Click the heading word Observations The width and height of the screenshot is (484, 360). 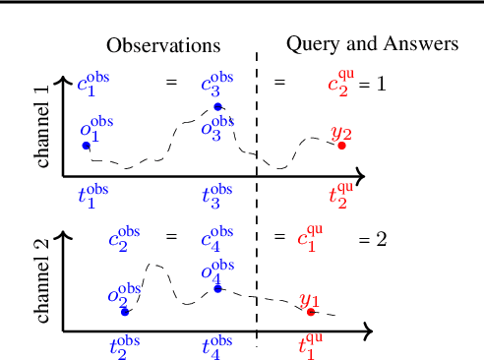tap(163, 45)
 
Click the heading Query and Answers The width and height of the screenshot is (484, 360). tap(372, 43)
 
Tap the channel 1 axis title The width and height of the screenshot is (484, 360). tap(41, 125)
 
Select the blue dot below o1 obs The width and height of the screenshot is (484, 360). tap(86, 146)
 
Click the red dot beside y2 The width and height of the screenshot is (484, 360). tap(341, 146)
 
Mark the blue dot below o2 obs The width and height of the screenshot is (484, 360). tap(124, 312)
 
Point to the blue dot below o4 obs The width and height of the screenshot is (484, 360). tap(217, 288)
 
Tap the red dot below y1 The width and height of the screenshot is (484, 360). tap(311, 312)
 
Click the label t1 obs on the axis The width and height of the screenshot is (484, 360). tap(93, 195)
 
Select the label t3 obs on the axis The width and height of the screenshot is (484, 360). tap(217, 195)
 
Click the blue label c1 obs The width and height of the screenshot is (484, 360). tap(92, 83)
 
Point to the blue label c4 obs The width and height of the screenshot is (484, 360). tap(216, 237)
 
